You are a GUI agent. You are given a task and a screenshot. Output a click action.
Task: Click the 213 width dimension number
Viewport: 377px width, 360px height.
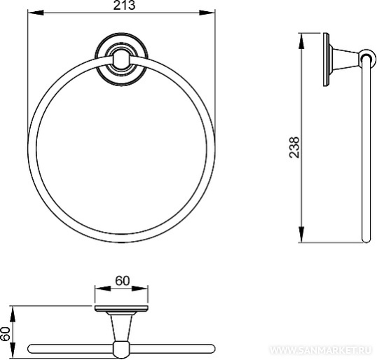124,6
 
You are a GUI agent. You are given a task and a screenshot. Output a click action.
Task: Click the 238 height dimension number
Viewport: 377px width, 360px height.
294,147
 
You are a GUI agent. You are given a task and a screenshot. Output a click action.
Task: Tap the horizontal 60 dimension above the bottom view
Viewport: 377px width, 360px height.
123,281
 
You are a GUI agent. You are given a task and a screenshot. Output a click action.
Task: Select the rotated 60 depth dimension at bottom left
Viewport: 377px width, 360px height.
6,334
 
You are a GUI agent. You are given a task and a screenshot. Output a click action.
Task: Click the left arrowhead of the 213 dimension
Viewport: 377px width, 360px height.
36,13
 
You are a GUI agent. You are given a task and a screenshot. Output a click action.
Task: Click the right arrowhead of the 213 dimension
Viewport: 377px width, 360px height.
207,13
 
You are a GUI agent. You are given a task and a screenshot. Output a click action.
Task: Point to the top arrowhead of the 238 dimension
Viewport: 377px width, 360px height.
301,41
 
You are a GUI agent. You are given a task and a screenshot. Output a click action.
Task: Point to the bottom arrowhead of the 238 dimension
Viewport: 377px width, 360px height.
301,234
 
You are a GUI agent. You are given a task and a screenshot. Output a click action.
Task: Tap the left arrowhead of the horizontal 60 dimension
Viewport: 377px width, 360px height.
103,288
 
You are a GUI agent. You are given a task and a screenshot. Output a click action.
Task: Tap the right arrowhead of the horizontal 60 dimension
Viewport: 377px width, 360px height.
140,288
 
